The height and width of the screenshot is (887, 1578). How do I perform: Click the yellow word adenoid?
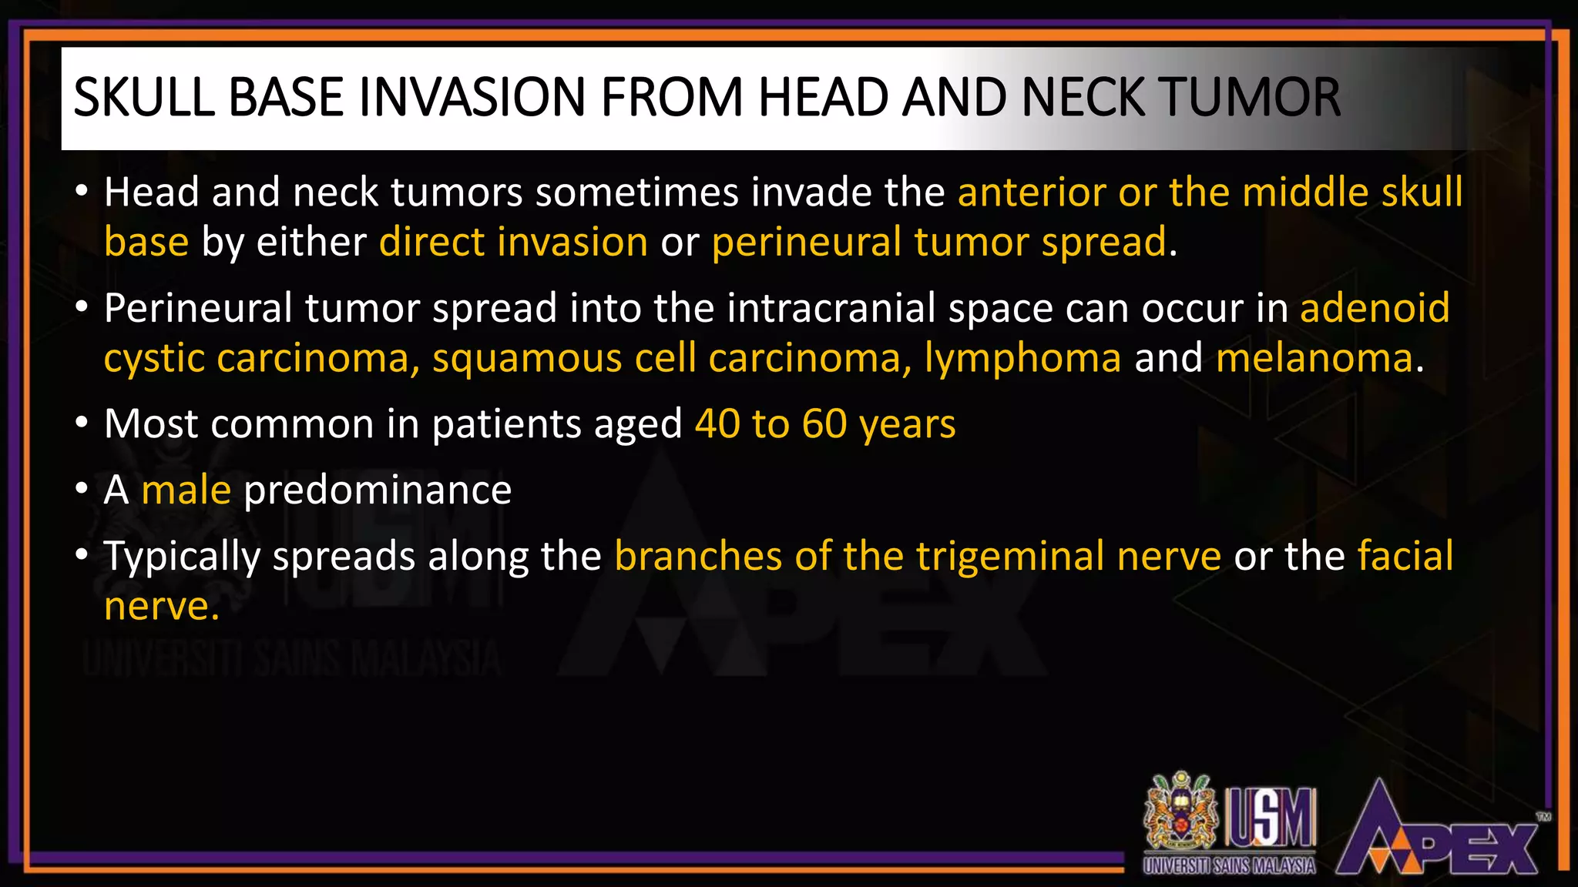tap(1375, 308)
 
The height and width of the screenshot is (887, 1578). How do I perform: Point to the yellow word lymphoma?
tap(1022, 359)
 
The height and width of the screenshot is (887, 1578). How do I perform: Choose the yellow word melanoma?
tap(1314, 359)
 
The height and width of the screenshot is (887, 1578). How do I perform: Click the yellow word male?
tap(186, 490)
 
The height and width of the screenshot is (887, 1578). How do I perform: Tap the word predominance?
tap(378, 490)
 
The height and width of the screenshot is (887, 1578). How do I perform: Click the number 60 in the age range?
tap(824, 424)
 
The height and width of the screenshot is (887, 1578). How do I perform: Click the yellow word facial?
tap(1405, 556)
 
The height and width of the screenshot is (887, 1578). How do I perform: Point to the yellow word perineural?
tap(806, 243)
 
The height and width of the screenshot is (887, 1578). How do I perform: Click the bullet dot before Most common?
tap(82, 423)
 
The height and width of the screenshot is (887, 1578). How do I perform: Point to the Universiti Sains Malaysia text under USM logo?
tap(1229, 865)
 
